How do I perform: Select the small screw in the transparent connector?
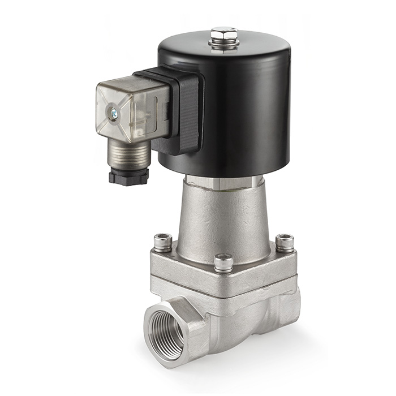pos(114,115)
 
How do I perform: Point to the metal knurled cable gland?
pos(128,155)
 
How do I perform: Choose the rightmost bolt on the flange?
pos(285,242)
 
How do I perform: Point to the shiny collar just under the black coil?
pos(223,182)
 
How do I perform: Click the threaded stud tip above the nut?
pos(224,30)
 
